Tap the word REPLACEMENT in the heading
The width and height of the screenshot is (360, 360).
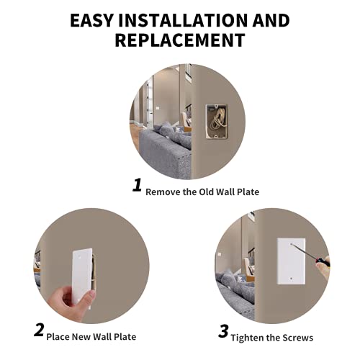[180, 40]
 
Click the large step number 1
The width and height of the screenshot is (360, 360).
[137, 186]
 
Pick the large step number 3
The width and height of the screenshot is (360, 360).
[223, 331]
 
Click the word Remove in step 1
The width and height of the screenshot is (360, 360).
[162, 192]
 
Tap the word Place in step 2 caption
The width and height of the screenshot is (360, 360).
[60, 336]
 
